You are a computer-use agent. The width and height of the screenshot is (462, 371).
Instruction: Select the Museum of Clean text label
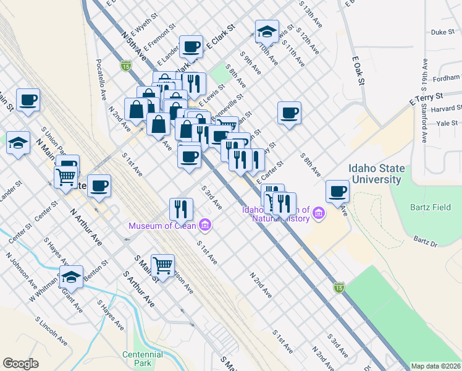coord(162,225)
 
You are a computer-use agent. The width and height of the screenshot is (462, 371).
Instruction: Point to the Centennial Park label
coord(143,359)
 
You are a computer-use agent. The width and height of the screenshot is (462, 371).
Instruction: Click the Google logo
coord(20,364)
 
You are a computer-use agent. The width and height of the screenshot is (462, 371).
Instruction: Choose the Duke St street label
coord(442,32)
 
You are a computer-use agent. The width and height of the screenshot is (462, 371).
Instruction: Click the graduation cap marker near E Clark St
coord(267,31)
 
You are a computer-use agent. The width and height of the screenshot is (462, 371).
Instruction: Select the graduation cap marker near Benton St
coord(72,276)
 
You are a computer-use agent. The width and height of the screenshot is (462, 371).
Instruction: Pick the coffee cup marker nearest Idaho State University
coord(337,191)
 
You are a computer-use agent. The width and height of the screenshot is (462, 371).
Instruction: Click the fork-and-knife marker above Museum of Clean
coord(181,208)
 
